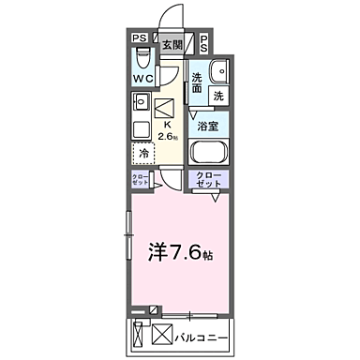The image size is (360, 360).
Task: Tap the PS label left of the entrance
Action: point(138,38)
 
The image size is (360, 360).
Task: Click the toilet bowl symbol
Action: point(139,58)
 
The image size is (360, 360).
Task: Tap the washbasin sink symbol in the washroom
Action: point(221,72)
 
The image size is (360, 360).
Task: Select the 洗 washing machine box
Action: point(217,96)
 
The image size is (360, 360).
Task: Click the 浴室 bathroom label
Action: point(207,123)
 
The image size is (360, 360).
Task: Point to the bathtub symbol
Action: point(212,153)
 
